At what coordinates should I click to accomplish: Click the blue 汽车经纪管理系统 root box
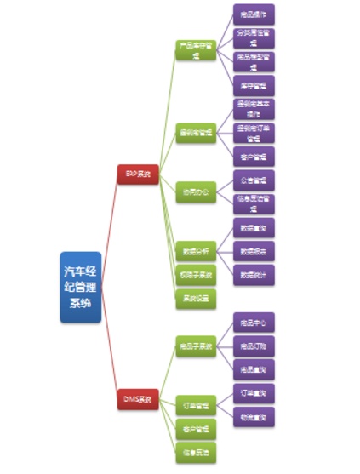pos(81,287)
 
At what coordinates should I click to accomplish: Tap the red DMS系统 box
pos(137,398)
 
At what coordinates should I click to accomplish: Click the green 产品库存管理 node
pos(196,49)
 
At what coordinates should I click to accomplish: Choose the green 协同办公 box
pos(196,191)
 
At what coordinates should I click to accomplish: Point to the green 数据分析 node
pos(196,251)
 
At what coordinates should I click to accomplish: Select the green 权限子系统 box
pos(196,275)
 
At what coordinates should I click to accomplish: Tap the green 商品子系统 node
pos(196,346)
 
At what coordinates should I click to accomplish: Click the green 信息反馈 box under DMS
pos(196,452)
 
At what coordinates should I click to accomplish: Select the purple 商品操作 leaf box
pos(254,14)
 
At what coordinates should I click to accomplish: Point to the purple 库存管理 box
pos(254,85)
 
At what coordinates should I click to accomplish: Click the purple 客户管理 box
pos(254,157)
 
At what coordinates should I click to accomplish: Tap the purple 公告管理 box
pos(254,180)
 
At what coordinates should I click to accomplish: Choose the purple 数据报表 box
pos(254,252)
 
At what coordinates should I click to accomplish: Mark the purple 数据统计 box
pos(254,275)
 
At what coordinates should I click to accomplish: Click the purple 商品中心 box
pos(254,323)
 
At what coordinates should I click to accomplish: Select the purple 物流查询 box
pos(254,417)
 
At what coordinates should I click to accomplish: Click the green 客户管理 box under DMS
pos(196,428)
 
